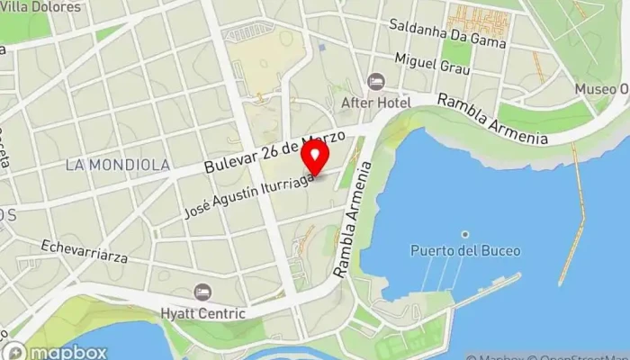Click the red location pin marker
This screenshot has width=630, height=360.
tap(315, 158)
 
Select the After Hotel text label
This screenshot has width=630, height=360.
tap(375, 103)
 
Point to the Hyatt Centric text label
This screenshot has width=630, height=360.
tap(203, 313)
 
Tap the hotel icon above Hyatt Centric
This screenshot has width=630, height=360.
tap(203, 292)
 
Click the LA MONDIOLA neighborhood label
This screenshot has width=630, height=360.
tap(117, 165)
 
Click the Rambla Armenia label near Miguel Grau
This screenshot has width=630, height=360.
tap(492, 119)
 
